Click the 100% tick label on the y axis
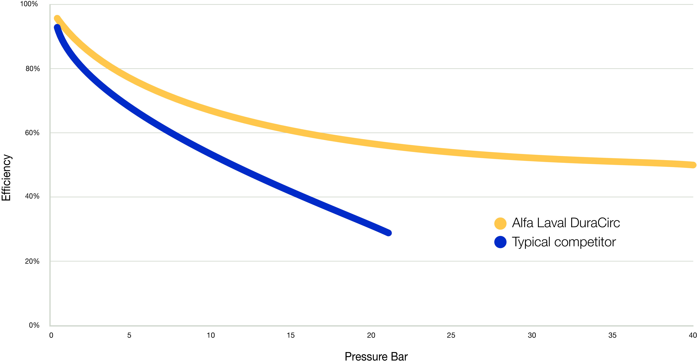[29, 4]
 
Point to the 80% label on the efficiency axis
[32, 69]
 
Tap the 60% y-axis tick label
[32, 133]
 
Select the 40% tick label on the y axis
[32, 196]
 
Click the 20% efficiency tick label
[32, 262]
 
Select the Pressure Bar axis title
[376, 356]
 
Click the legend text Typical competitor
[564, 242]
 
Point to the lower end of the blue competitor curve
[388, 233]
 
